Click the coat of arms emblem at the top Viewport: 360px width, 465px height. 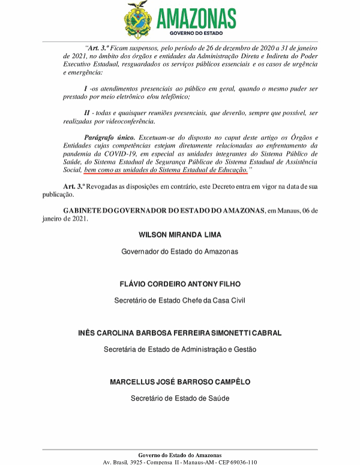(x=139, y=20)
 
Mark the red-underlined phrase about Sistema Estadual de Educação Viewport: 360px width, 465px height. (x=166, y=170)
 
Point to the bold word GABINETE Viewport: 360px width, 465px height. (x=86, y=211)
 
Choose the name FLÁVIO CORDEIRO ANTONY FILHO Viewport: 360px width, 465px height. (x=180, y=284)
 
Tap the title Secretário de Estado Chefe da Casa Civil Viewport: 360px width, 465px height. (x=180, y=300)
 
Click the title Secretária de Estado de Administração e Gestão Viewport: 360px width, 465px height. (x=180, y=349)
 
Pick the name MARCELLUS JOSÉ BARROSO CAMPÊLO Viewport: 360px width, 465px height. (x=180, y=382)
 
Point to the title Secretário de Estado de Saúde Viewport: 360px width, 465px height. (x=180, y=398)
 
